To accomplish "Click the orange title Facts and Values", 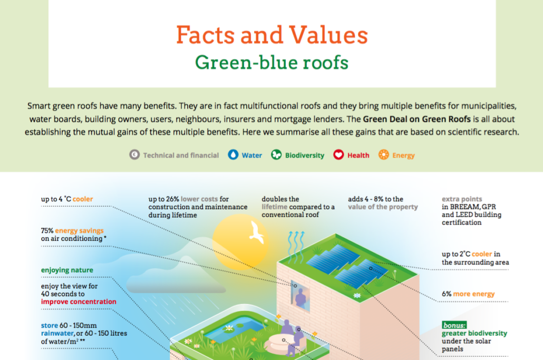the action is [x=272, y=35].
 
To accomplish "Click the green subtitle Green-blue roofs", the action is [x=272, y=62].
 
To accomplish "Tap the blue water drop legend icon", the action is [x=233, y=155].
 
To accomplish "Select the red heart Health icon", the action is [x=338, y=155].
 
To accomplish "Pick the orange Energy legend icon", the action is [x=383, y=155].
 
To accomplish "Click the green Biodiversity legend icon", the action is [x=276, y=155].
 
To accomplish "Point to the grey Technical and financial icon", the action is [x=134, y=155].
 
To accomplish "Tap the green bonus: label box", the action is [x=454, y=325].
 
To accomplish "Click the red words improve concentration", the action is [x=79, y=301].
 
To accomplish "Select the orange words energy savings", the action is [x=79, y=230].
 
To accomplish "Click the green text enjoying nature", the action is [x=67, y=270].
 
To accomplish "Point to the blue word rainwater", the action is [x=57, y=333].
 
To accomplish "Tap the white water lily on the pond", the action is [x=229, y=327].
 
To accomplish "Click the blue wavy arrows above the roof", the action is [x=296, y=247].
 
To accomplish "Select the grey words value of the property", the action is [x=383, y=207].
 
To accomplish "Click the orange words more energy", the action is [x=474, y=294].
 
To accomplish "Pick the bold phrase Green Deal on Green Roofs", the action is [x=416, y=119].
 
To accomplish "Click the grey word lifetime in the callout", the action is [x=275, y=207].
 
